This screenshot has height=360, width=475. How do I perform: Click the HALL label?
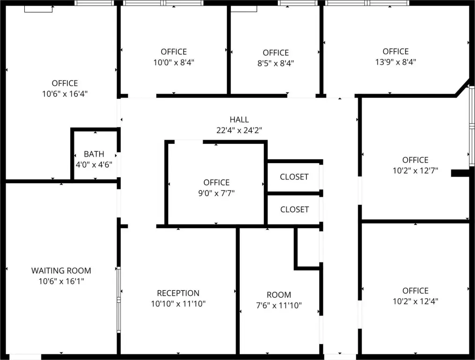239,120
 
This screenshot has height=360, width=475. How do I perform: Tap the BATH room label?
94,154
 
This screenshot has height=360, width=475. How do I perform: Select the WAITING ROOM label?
61,270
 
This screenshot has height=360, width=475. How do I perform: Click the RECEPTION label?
178,293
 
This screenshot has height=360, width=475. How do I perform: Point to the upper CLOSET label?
294,177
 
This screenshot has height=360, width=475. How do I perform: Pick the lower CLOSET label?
295,210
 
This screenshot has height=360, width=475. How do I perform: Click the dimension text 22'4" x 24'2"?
239,130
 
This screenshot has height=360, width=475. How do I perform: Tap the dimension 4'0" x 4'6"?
94,165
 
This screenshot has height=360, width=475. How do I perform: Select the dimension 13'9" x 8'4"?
396,62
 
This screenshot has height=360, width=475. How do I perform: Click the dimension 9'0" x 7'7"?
216,193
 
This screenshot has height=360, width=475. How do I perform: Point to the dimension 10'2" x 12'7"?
416,171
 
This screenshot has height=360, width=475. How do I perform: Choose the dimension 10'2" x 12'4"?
416,301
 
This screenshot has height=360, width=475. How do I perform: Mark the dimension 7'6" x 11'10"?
279,305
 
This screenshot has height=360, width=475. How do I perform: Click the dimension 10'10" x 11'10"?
178,303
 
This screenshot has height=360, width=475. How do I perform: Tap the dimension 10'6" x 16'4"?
65,94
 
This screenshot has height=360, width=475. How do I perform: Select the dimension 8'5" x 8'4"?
275,63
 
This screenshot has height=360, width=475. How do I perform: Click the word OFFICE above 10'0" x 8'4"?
174,52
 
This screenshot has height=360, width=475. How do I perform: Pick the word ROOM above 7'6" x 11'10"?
279,294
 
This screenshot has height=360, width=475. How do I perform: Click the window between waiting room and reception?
119,300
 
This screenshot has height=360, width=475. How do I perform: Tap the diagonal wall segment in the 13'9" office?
462,88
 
